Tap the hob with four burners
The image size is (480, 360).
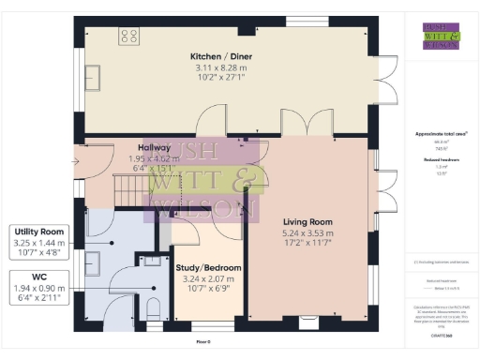[128, 37]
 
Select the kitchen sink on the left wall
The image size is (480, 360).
[94, 76]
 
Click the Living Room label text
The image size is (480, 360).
[309, 221]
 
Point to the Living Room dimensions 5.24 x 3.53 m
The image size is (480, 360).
[309, 233]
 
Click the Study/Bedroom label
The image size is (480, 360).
[208, 268]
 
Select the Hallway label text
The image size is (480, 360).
[154, 147]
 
